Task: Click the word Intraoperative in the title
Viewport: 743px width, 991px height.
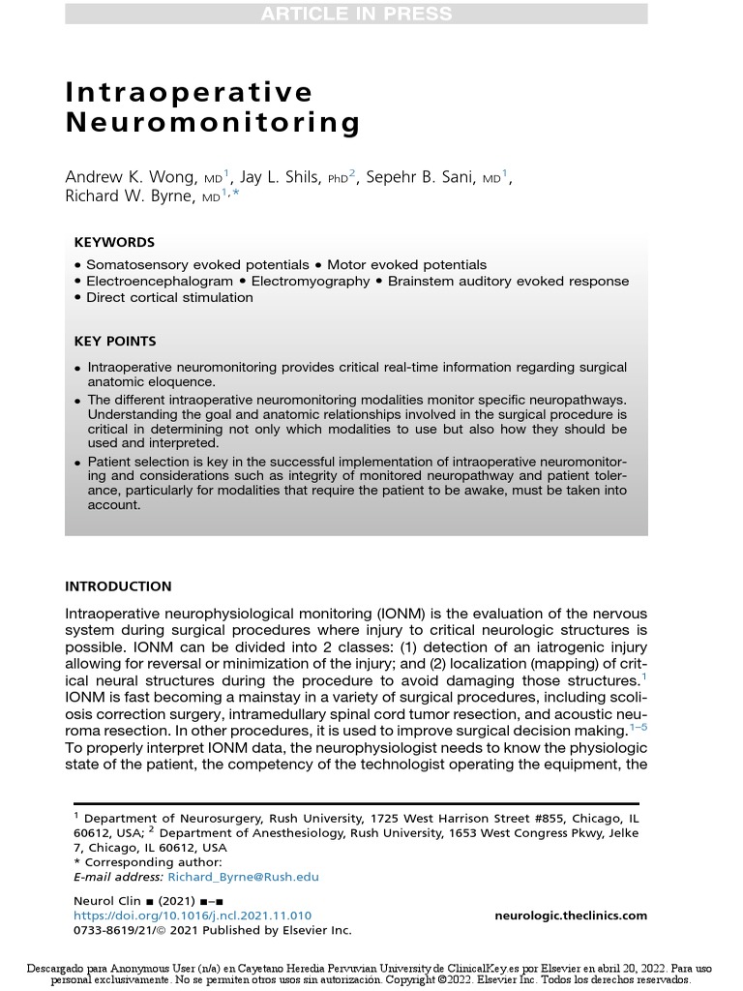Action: coord(190,92)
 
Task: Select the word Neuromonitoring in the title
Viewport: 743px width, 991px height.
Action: coord(213,124)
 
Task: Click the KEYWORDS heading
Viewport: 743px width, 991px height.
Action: coord(114,243)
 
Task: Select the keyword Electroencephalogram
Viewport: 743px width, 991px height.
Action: coord(160,281)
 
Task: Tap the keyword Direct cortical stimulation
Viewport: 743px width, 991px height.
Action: coord(169,297)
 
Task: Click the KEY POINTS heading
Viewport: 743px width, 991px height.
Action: coord(115,341)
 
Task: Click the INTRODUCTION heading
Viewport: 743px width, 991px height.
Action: coord(118,586)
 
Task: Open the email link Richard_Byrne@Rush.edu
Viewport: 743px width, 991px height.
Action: coord(243,877)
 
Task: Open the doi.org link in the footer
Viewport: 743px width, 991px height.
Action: coord(193,916)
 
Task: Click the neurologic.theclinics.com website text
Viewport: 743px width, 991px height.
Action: coord(570,916)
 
